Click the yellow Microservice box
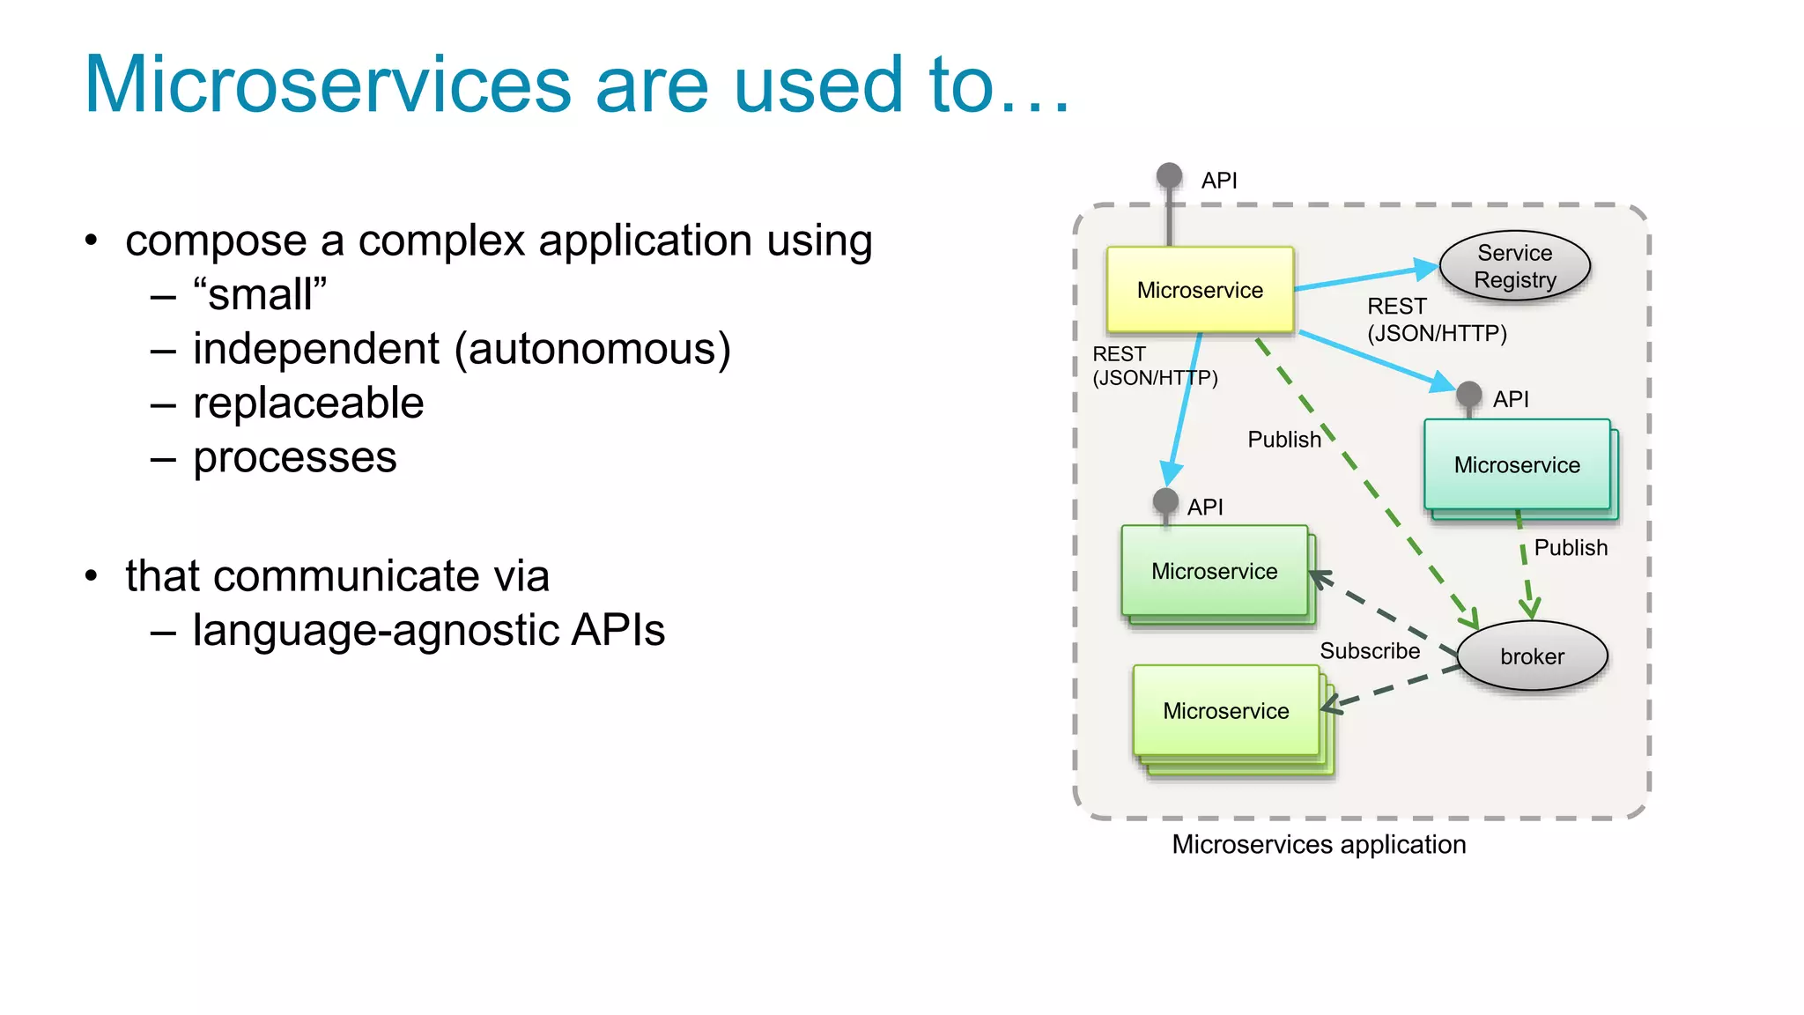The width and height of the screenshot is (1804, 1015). pyautogui.click(x=1200, y=290)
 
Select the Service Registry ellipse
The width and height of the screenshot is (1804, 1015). pyautogui.click(x=1514, y=266)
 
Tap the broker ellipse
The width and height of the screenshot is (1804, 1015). pyautogui.click(x=1532, y=656)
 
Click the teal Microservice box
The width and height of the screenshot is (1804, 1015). pyautogui.click(x=1517, y=465)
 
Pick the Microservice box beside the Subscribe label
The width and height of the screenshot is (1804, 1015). pyautogui.click(x=1225, y=711)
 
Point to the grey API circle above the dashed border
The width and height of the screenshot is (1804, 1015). pyautogui.click(x=1169, y=175)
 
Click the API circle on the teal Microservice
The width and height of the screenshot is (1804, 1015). pyautogui.click(x=1468, y=394)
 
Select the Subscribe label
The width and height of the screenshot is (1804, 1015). pyautogui.click(x=1369, y=651)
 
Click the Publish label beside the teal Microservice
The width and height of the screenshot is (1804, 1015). pyautogui.click(x=1570, y=548)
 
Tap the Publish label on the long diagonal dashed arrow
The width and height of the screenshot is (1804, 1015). pyautogui.click(x=1283, y=440)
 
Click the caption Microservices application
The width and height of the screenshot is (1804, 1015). pyautogui.click(x=1319, y=845)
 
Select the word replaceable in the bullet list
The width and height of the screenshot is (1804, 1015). pyautogui.click(x=308, y=404)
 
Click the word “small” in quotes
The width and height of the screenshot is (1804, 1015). pyautogui.click(x=260, y=295)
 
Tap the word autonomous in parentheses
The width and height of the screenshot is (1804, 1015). pyautogui.click(x=593, y=349)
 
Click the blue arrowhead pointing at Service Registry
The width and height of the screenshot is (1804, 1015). pyautogui.click(x=1425, y=268)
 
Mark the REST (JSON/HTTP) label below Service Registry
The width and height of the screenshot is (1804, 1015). pyautogui.click(x=1436, y=320)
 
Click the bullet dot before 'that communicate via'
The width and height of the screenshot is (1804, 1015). pyautogui.click(x=92, y=576)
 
